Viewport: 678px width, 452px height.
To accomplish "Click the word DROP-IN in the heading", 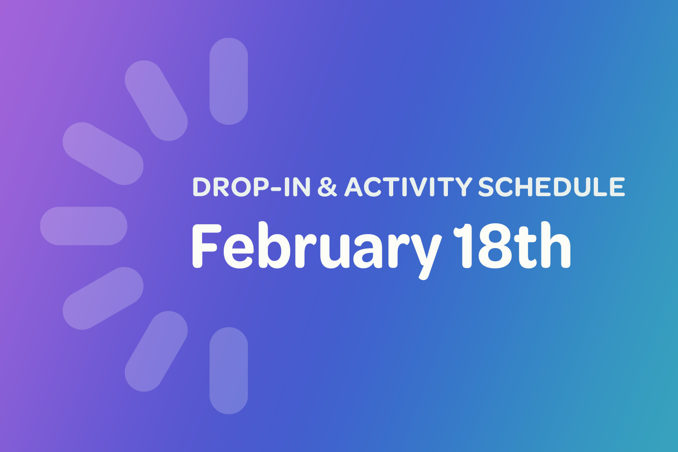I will click(x=251, y=187).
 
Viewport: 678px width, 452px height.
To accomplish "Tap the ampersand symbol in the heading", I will click(x=328, y=187).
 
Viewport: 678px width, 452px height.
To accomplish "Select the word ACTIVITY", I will click(x=408, y=187).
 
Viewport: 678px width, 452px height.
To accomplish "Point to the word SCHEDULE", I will click(x=551, y=187).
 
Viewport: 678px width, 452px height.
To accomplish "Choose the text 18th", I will click(x=513, y=247).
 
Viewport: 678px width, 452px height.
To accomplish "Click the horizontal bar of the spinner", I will click(x=84, y=226).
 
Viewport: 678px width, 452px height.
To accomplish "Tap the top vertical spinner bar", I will click(x=229, y=81).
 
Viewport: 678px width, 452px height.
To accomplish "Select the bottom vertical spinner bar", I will click(x=229, y=371).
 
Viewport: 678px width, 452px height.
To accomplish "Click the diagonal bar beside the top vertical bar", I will click(x=156, y=100).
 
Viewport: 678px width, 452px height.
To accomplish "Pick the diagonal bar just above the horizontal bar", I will click(x=103, y=154).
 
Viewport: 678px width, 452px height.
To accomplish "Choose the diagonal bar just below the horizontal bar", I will click(x=103, y=298).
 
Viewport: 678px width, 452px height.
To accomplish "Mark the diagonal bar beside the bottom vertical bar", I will click(x=156, y=351).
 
